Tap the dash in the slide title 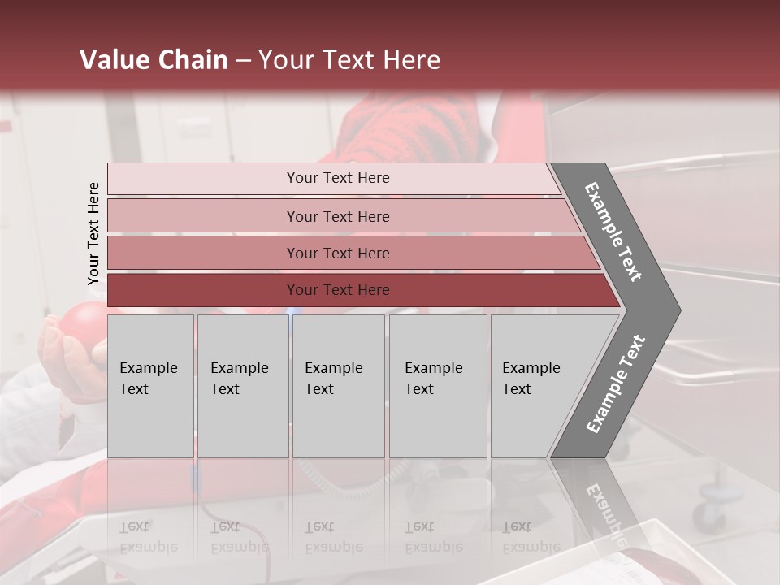tap(243, 61)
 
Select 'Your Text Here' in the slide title tap(349, 60)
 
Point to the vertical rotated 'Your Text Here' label tap(93, 234)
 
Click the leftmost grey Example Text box tap(150, 386)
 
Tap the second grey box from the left tap(243, 386)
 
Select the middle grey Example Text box tap(338, 386)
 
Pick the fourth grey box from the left tap(438, 386)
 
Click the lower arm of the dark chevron tap(616, 383)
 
